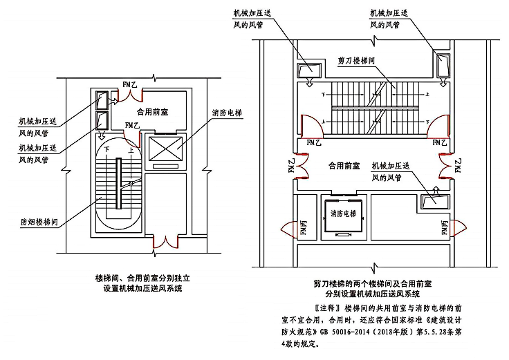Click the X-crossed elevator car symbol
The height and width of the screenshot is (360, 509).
click(167, 147)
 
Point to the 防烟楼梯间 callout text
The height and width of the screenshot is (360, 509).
click(43, 223)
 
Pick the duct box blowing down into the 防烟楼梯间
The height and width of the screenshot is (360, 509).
click(101, 120)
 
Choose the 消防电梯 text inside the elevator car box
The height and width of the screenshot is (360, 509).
click(342, 213)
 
